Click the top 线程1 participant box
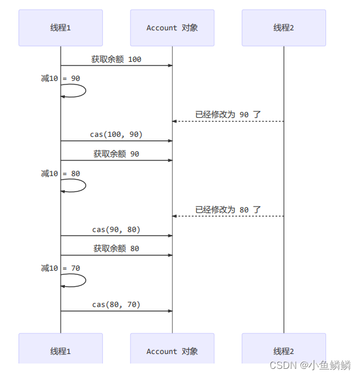pos(61,27)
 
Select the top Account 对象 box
pos(172,27)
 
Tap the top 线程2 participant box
pos(284,27)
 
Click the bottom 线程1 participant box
pos(61,350)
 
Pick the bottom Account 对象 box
pos(172,350)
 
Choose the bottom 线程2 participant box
pos(284,350)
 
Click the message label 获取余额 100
pos(116,59)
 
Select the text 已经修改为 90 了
pos(228,114)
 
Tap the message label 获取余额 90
pos(116,153)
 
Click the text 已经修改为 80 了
pos(228,209)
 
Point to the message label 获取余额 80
pos(116,248)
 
